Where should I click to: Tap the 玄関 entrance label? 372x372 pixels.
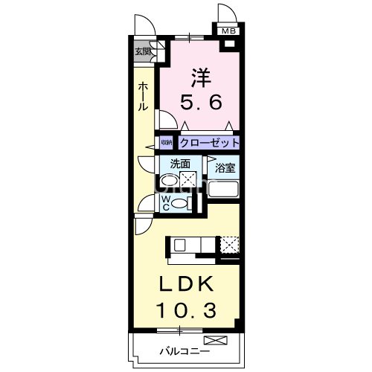point(141,52)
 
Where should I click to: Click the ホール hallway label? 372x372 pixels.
point(142,97)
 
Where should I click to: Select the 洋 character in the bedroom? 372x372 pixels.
point(200,77)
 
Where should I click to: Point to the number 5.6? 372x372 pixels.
point(201,103)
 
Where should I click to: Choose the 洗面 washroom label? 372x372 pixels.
point(180,164)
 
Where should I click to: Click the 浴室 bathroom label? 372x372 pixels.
point(225,168)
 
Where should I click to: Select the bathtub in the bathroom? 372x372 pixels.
point(224,189)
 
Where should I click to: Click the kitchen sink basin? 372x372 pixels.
point(180,244)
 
